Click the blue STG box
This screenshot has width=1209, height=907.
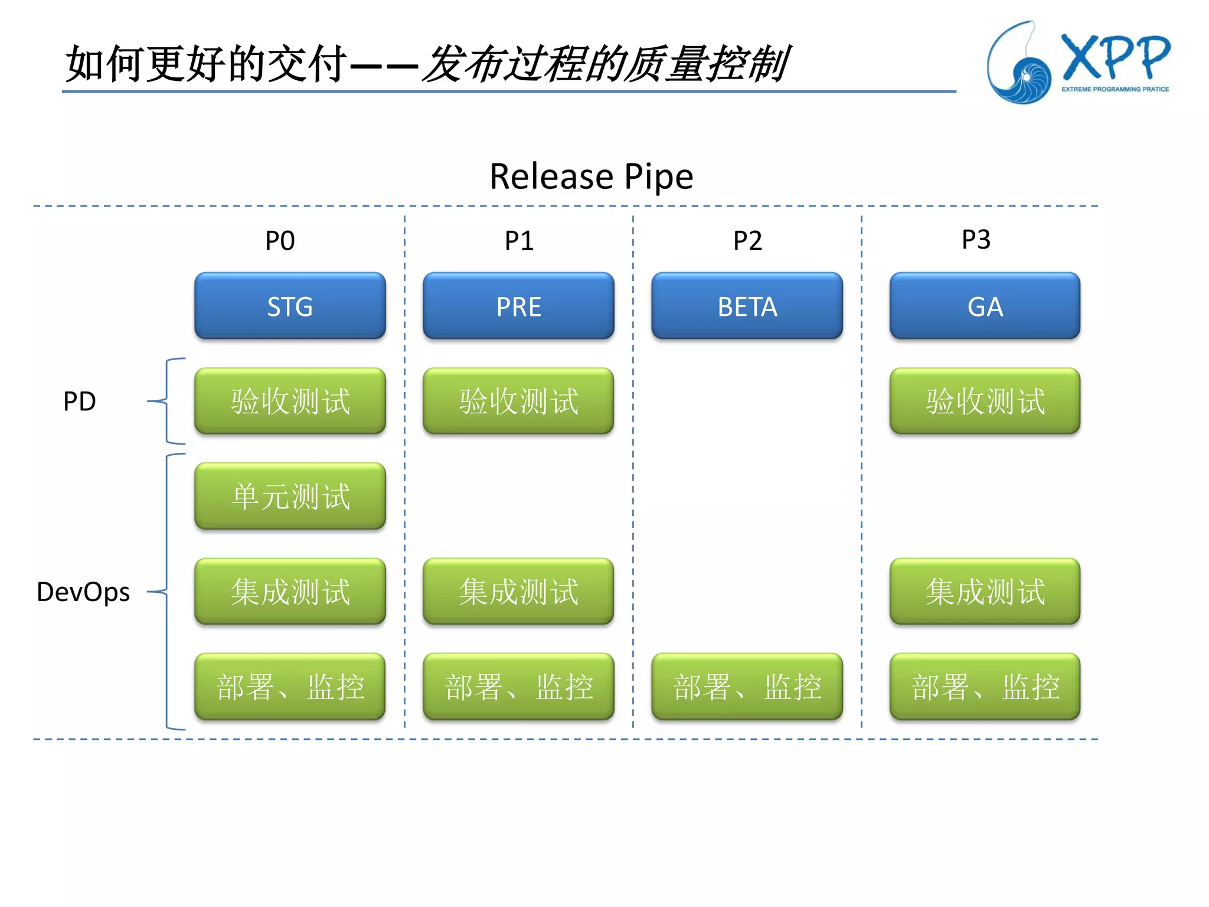click(x=290, y=306)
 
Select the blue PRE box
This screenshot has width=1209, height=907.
click(x=518, y=306)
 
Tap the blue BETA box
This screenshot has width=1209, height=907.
click(x=747, y=306)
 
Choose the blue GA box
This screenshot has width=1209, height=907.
click(x=985, y=306)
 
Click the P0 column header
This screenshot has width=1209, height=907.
click(x=280, y=241)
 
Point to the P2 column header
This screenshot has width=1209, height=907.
click(x=747, y=241)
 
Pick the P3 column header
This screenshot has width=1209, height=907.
click(x=976, y=240)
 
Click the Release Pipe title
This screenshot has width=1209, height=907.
click(x=591, y=177)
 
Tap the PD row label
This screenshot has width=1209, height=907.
click(x=80, y=402)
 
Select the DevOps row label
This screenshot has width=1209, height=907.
click(x=83, y=592)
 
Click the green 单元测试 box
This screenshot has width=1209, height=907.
click(x=290, y=496)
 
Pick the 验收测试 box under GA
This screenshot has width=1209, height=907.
click(x=985, y=401)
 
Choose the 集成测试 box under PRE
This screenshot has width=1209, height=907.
click(x=518, y=591)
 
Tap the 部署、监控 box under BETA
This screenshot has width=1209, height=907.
click(x=747, y=686)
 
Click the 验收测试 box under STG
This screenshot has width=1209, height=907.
click(x=290, y=401)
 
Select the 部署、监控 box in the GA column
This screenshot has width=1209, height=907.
click(x=985, y=686)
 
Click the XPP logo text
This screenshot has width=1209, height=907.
click(x=1115, y=57)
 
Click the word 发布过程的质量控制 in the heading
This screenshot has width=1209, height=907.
click(x=606, y=64)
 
